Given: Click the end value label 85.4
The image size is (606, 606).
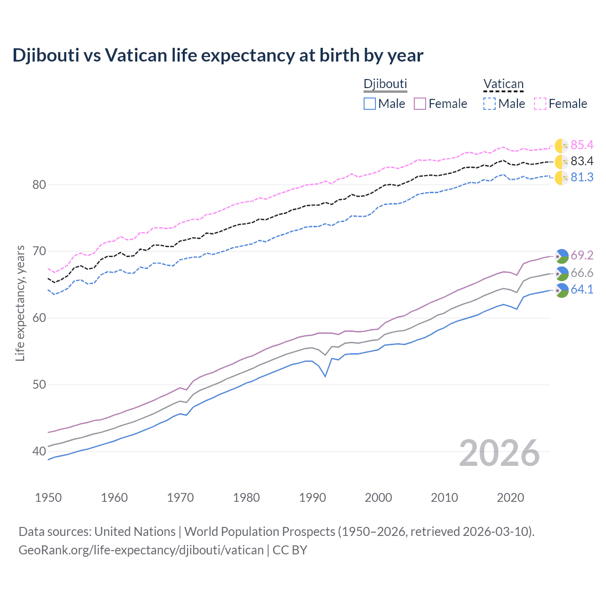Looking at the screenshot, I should point(582,145).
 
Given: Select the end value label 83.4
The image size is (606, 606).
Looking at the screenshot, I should point(582,161).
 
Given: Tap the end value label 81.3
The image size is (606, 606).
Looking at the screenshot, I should point(582,178).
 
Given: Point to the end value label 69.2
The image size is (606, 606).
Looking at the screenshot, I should point(582,256).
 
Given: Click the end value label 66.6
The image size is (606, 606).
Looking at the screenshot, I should point(582,273).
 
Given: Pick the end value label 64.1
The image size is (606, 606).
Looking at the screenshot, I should point(582,290).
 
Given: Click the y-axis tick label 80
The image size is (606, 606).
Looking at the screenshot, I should point(39,185).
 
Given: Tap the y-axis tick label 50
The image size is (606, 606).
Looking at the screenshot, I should point(39,385).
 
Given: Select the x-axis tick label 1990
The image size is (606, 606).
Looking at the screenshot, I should point(312,498).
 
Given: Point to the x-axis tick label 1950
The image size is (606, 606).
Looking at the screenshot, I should point(48,498).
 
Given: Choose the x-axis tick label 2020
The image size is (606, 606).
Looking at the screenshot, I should point(510,498).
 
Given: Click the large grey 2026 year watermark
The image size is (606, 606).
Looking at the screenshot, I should point(499,453).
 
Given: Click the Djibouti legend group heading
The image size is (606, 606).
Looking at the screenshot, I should point(385,84).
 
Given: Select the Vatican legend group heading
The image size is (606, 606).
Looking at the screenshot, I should point(503,84).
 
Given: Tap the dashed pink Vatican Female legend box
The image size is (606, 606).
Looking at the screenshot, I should point(540,104).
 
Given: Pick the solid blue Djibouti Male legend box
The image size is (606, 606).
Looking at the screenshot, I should point(370,104).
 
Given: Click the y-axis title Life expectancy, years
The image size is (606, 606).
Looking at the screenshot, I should point(20,303).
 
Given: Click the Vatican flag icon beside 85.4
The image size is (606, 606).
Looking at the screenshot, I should point(561,146).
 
